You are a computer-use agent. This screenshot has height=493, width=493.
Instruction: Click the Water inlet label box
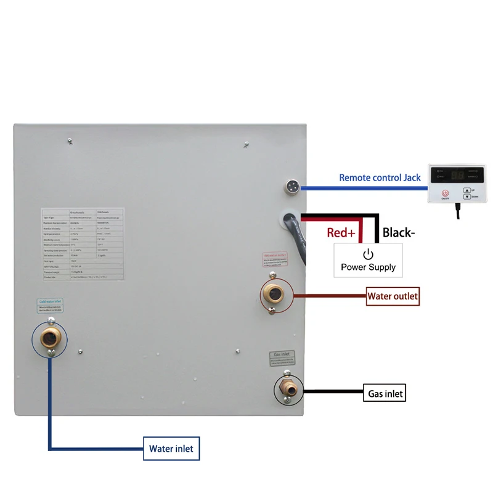pos(171,449)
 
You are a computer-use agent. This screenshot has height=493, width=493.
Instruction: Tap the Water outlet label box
pos(393,296)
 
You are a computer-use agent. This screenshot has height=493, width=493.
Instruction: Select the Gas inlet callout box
pos(386,393)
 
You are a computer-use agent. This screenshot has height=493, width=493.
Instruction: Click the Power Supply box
pos(368,259)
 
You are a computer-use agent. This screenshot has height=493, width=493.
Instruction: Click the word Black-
pos(399,232)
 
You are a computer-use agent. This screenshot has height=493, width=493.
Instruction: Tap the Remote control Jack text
pos(380,178)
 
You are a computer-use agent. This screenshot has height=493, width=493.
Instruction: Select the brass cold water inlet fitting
pos(47,336)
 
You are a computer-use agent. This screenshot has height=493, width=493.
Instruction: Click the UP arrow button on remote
pos(467,191)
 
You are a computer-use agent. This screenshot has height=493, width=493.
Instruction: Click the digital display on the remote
pos(457,174)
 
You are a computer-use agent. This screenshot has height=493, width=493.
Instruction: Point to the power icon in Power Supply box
pos(368,253)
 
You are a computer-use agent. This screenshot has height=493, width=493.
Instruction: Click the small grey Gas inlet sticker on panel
pos(281,359)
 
